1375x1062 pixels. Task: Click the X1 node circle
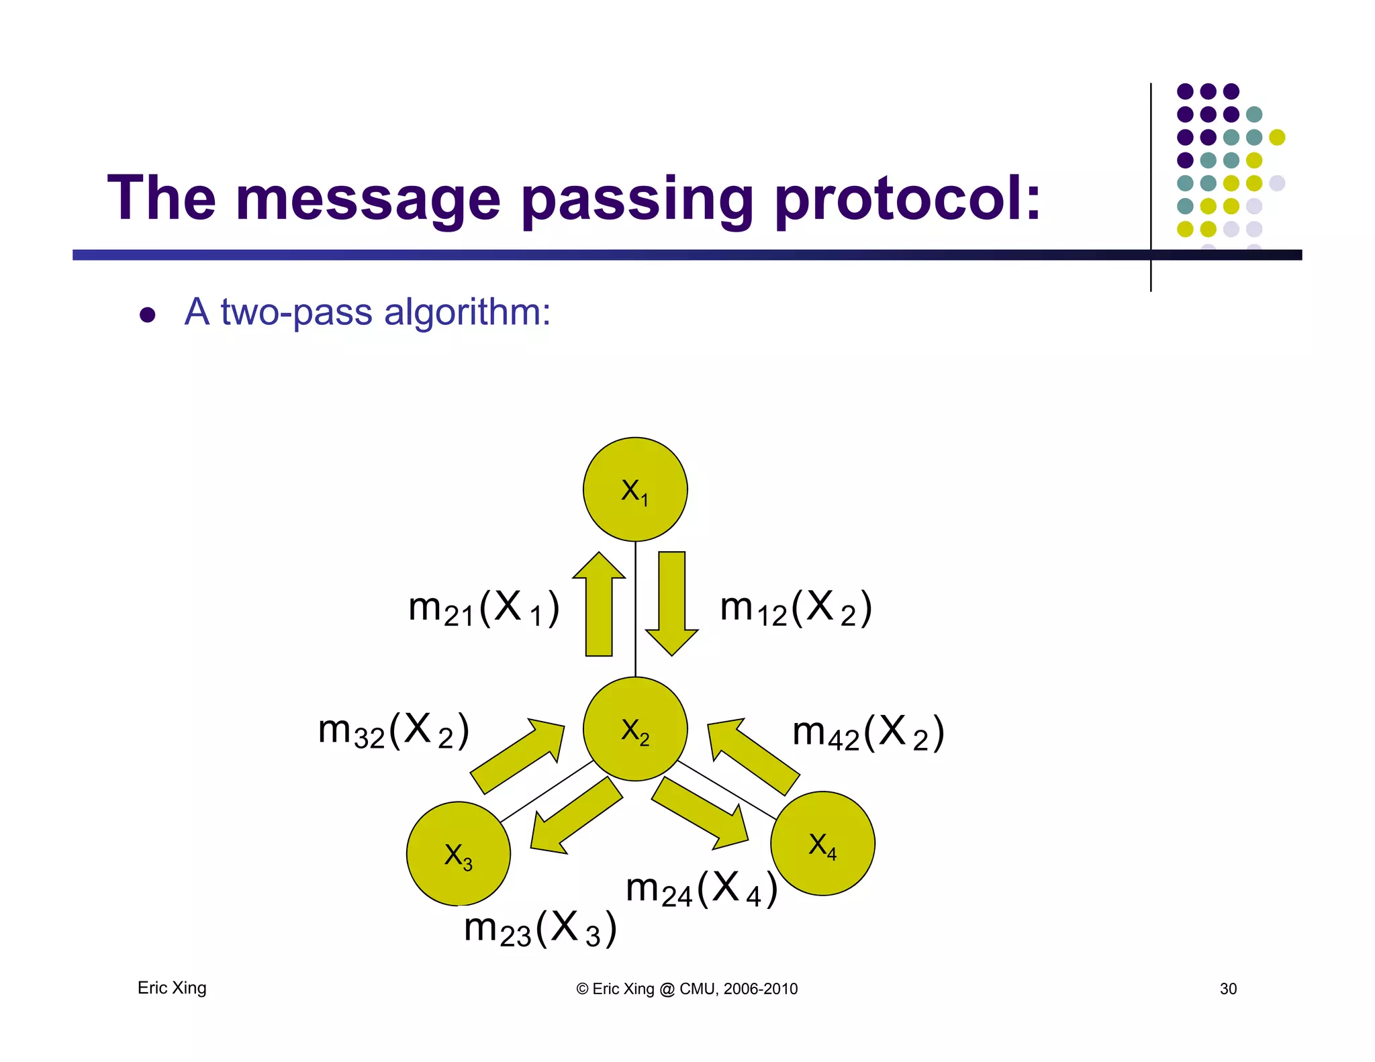click(634, 489)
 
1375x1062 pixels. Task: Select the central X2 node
click(634, 728)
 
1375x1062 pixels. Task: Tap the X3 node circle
click(459, 854)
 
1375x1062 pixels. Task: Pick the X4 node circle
click(822, 843)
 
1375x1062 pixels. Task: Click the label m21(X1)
click(483, 608)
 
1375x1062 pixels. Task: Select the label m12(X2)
click(796, 608)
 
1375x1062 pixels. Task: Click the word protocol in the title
click(906, 198)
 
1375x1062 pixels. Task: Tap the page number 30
click(1228, 989)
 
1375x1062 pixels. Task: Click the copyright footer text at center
click(687, 989)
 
